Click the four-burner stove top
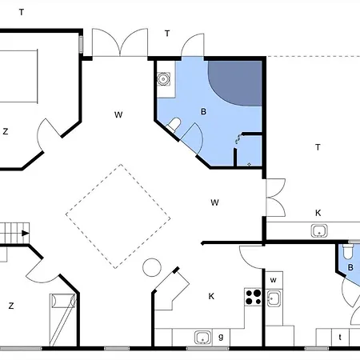coord(254,297)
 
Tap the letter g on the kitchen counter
coord(221,337)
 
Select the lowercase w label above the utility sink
coord(274,280)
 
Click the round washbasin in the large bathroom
coord(163,79)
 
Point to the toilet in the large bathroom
coord(174,123)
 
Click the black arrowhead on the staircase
coord(26,234)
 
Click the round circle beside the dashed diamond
coord(151,266)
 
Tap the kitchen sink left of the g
coord(202,337)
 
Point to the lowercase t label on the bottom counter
coord(341,337)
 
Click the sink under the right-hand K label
coord(318,231)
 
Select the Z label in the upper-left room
coord(6,131)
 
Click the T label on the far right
coord(318,147)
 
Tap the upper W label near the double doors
coord(118,115)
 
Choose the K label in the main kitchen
coord(212,297)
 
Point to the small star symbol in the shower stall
coord(250,163)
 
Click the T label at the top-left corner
coord(22,12)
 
